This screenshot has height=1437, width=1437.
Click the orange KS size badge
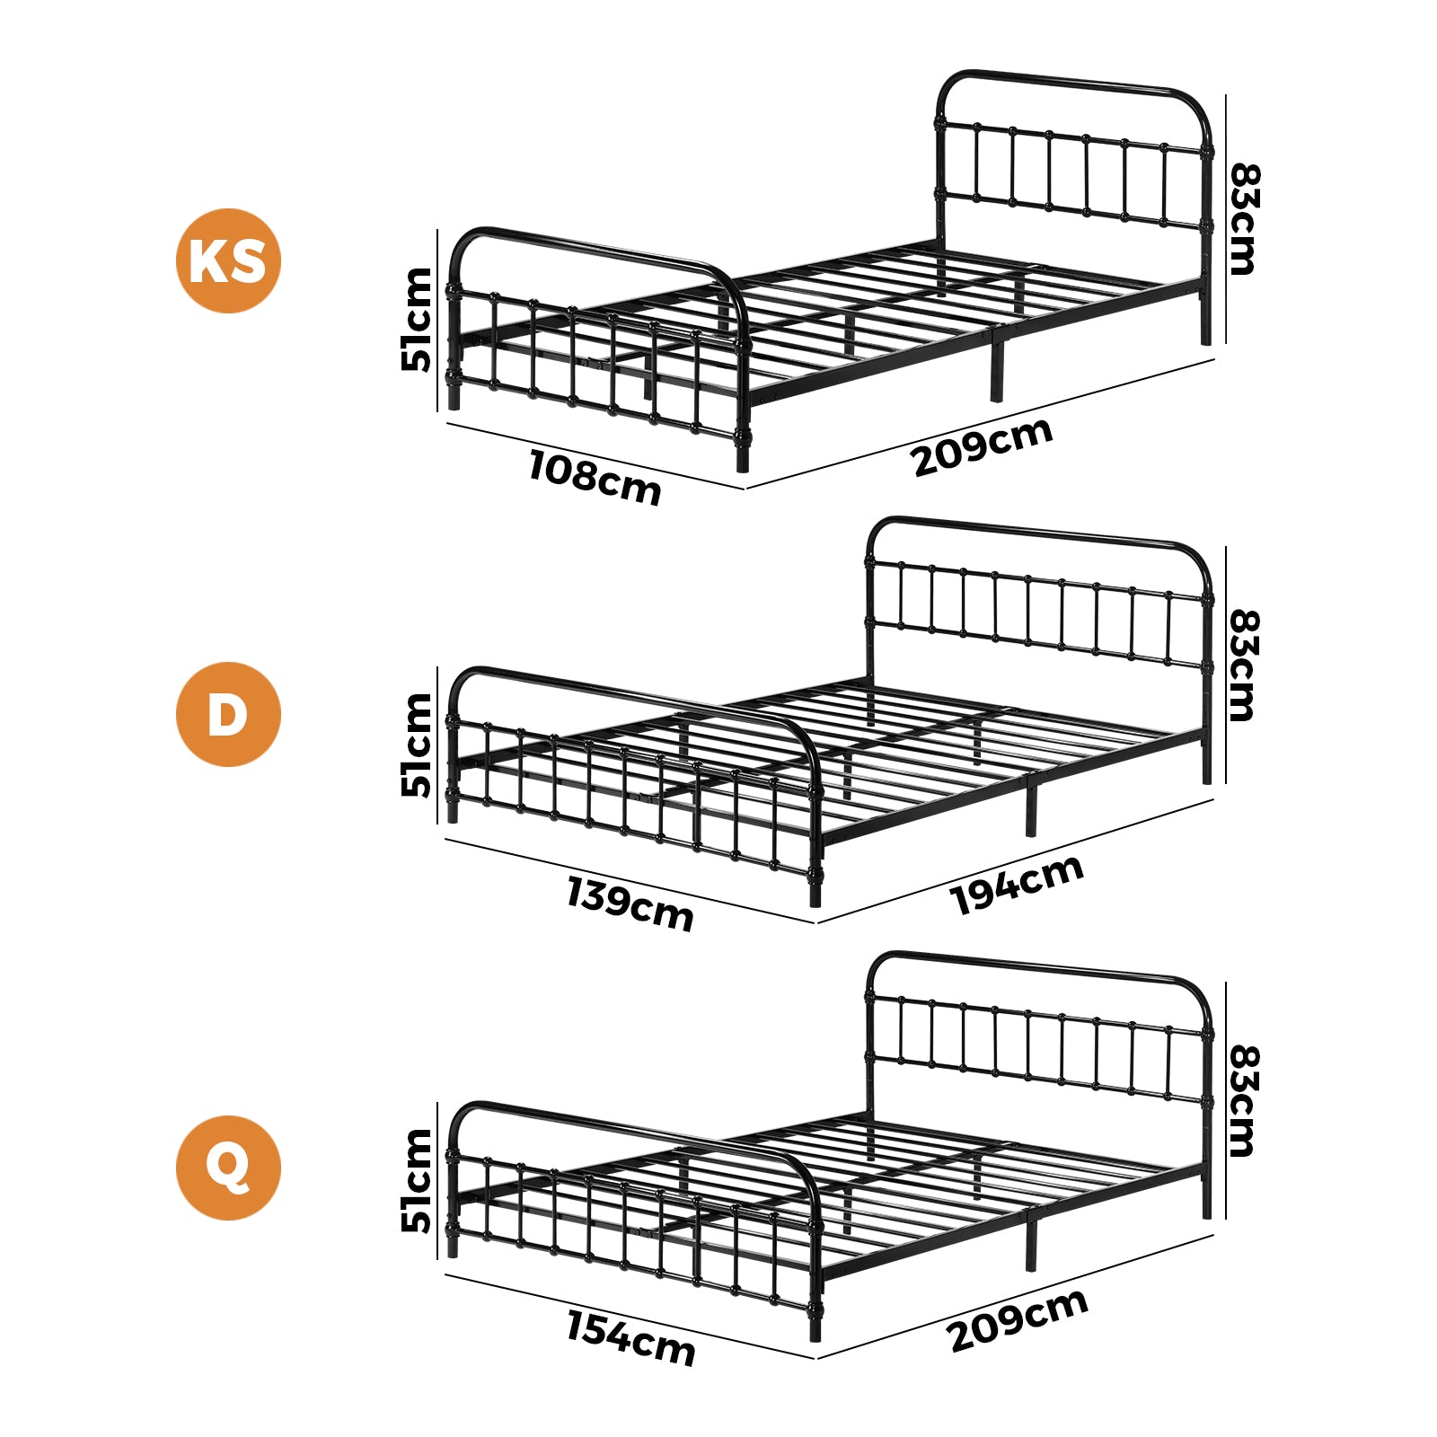(x=228, y=260)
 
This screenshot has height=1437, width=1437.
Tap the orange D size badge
(x=228, y=714)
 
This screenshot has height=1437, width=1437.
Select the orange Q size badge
(x=228, y=1168)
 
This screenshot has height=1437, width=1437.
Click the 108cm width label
(x=595, y=477)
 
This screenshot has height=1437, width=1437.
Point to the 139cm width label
(x=630, y=904)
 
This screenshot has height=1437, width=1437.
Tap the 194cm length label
(x=1018, y=885)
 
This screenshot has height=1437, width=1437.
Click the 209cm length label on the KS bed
(x=983, y=445)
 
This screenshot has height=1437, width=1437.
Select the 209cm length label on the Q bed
(x=1018, y=1319)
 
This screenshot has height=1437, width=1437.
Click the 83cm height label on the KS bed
(x=1245, y=218)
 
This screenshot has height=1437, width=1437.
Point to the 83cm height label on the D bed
(x=1245, y=666)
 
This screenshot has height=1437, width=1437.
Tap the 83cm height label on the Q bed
(x=1245, y=1100)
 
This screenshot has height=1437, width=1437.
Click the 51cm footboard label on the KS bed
(x=417, y=319)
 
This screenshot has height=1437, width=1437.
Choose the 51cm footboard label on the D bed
(x=417, y=745)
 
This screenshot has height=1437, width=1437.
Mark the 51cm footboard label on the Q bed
(x=417, y=1180)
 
